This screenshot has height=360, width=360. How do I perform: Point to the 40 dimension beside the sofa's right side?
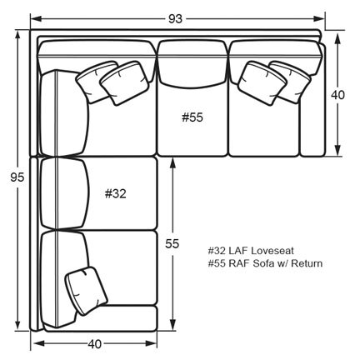(337, 95)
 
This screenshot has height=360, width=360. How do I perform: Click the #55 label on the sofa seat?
(192, 117)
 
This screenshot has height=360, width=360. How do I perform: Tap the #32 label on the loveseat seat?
(116, 193)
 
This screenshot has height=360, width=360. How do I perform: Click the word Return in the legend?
(307, 263)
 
